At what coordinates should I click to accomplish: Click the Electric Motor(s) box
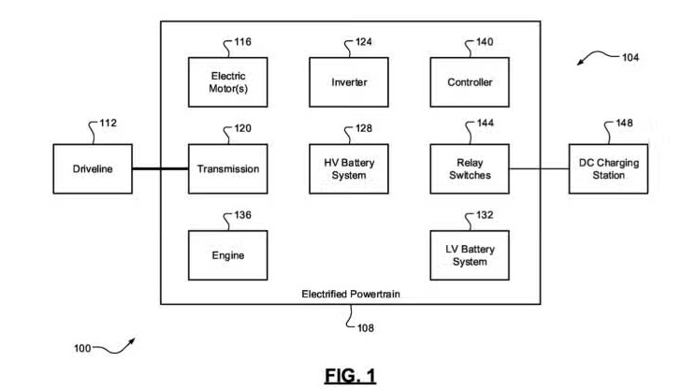pyautogui.click(x=227, y=82)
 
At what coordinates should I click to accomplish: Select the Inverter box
pyautogui.click(x=349, y=82)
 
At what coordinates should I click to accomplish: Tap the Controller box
pyautogui.click(x=470, y=82)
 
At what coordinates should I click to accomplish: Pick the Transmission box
pyautogui.click(x=227, y=168)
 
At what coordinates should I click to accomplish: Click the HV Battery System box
pyautogui.click(x=349, y=168)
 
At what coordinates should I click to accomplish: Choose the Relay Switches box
pyautogui.click(x=470, y=168)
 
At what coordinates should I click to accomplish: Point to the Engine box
pyautogui.click(x=227, y=255)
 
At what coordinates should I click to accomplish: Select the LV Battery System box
pyautogui.click(x=470, y=255)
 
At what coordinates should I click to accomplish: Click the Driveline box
pyautogui.click(x=93, y=168)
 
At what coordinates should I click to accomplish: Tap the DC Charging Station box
pyautogui.click(x=609, y=168)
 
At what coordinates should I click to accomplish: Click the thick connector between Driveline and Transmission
pyautogui.click(x=160, y=168)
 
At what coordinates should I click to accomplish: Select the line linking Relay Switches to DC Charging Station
pyautogui.click(x=539, y=168)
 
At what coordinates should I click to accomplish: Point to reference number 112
pyautogui.click(x=108, y=123)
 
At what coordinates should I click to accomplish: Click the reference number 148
pyautogui.click(x=624, y=123)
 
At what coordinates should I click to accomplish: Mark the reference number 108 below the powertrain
pyautogui.click(x=366, y=328)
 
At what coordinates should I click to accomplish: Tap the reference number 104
pyautogui.click(x=631, y=57)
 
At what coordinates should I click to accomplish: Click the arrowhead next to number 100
pyautogui.click(x=132, y=341)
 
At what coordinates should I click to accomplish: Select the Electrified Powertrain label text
pyautogui.click(x=351, y=294)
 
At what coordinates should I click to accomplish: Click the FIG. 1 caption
pyautogui.click(x=350, y=375)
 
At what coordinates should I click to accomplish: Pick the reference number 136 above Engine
pyautogui.click(x=242, y=215)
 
